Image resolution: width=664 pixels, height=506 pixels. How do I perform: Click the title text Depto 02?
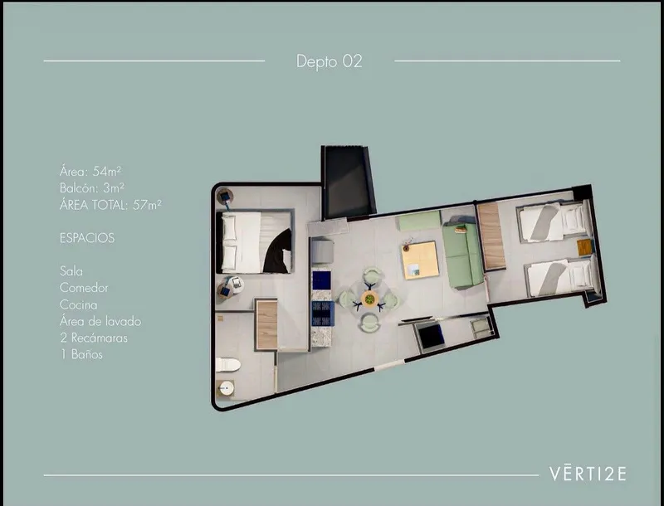pyautogui.click(x=329, y=61)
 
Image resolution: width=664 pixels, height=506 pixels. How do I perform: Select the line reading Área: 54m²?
pyautogui.click(x=90, y=172)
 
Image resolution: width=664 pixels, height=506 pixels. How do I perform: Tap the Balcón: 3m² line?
pyautogui.click(x=92, y=187)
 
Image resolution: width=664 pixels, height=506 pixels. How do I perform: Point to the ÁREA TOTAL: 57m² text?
pyautogui.click(x=110, y=205)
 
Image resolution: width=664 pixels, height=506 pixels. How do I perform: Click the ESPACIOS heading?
pyautogui.click(x=87, y=238)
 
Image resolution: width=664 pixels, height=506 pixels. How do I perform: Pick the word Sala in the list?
pyautogui.click(x=71, y=271)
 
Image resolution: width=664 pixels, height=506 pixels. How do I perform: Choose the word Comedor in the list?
pyautogui.click(x=84, y=288)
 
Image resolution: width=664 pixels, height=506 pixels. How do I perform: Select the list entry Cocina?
pyautogui.click(x=78, y=304)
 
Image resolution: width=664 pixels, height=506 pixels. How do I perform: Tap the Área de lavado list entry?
pyautogui.click(x=100, y=321)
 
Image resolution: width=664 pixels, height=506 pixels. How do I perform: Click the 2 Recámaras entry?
pyautogui.click(x=94, y=338)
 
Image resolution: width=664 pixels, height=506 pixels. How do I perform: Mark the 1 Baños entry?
pyautogui.click(x=81, y=354)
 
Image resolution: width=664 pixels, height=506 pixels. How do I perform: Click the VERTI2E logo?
pyautogui.click(x=588, y=474)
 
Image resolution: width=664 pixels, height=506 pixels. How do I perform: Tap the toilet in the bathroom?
pyautogui.click(x=227, y=365)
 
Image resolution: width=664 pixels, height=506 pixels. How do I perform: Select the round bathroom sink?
pyautogui.click(x=226, y=388)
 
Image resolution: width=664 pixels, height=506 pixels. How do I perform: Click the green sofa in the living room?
pyautogui.click(x=462, y=255)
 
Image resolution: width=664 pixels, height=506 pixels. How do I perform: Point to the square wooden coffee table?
pyautogui.click(x=420, y=260)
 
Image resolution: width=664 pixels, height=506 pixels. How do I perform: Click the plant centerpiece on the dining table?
pyautogui.click(x=369, y=299)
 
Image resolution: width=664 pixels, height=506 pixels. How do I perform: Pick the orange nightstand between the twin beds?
pyautogui.click(x=584, y=247)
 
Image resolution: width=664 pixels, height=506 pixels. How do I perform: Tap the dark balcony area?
pyautogui.click(x=348, y=182)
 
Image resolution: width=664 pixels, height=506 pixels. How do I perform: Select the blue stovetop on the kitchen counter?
pyautogui.click(x=322, y=313)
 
